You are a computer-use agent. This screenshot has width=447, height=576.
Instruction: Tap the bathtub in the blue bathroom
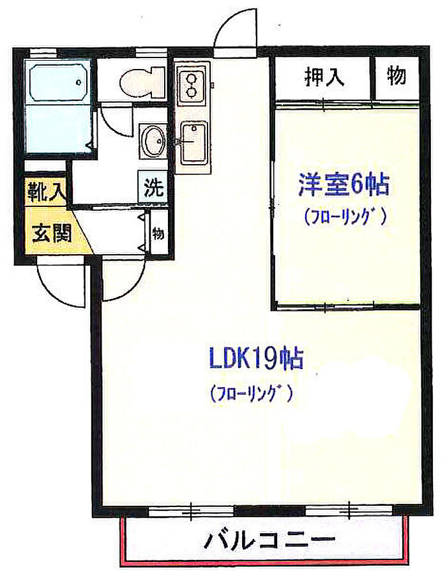point(57,82)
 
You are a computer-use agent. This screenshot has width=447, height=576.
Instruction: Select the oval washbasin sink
point(153,141)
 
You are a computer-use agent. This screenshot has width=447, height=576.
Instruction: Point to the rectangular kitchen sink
point(193,143)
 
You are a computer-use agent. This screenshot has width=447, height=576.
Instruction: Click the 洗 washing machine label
point(153,188)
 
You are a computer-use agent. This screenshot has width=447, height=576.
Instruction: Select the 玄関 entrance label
point(52,233)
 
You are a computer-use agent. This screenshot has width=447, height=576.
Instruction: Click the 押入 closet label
point(324,77)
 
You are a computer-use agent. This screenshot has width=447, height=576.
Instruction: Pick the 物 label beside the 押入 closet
point(396,76)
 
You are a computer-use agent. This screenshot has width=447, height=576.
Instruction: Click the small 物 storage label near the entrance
point(158,233)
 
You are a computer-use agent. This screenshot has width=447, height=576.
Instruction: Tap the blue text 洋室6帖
point(344,185)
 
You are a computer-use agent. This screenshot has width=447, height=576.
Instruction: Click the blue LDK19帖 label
point(256,358)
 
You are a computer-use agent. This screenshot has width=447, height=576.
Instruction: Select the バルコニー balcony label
point(269,541)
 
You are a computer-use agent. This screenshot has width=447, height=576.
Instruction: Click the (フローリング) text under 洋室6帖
point(345,216)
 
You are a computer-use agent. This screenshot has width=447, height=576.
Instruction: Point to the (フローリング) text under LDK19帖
point(252,394)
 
